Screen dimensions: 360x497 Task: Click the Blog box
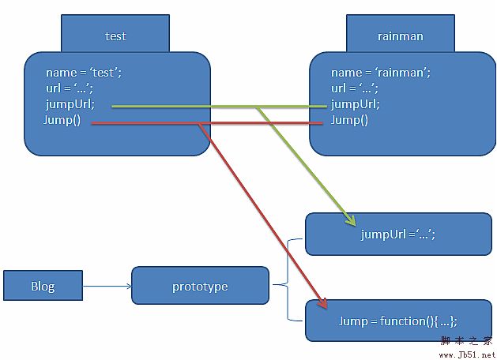(43, 286)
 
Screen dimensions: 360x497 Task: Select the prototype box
(200, 286)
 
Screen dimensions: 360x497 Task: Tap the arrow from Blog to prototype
(107, 286)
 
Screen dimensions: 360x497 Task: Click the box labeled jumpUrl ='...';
(398, 234)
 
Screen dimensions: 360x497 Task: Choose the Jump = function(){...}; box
(398, 321)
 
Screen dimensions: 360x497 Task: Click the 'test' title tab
(115, 36)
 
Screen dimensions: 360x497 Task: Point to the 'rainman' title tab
(400, 36)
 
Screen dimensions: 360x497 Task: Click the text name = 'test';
(84, 73)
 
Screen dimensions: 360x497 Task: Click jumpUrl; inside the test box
(70, 103)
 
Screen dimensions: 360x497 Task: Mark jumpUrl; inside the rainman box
(356, 103)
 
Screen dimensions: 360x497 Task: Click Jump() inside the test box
(62, 120)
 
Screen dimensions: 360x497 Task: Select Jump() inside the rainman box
(349, 120)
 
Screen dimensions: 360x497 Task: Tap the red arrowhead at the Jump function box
(323, 303)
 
